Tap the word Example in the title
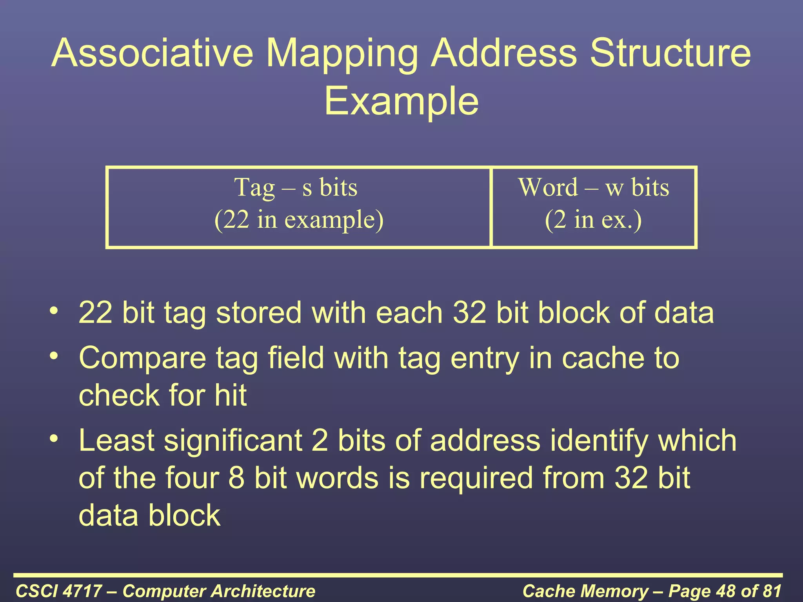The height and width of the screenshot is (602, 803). [x=401, y=102]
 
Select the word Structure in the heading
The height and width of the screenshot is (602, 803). [x=670, y=54]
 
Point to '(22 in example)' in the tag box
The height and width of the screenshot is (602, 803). [x=299, y=219]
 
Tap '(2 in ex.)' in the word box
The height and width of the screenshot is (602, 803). [x=593, y=219]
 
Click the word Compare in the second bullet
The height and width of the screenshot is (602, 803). [x=142, y=358]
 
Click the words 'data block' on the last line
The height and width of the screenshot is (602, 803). [x=149, y=515]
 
